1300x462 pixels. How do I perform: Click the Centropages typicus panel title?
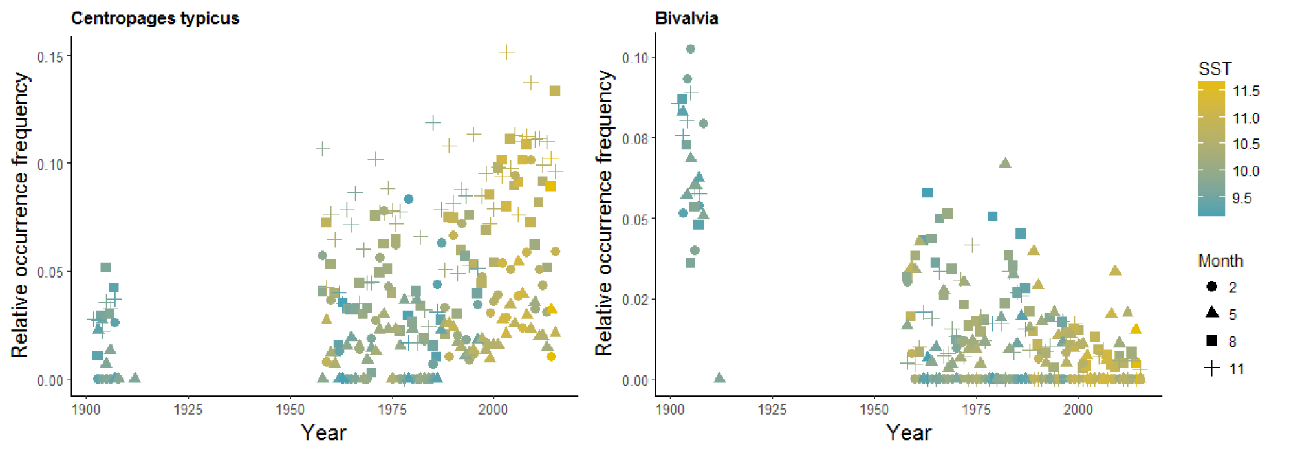155,18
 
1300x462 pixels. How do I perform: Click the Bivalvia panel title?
686,18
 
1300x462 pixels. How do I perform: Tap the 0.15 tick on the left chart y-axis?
50,57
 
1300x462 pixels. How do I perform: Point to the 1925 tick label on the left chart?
188,410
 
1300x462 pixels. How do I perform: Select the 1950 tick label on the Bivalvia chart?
874,410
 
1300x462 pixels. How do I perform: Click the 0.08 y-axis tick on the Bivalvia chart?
634,138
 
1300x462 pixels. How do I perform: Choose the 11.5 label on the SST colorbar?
1246,91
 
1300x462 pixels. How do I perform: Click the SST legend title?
1215,69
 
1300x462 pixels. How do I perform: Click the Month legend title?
1220,261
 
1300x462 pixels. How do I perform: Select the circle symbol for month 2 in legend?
1212,287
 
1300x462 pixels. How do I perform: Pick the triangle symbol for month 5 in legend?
1212,313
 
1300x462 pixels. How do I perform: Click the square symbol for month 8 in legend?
1212,341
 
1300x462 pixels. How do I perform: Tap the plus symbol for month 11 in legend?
1212,368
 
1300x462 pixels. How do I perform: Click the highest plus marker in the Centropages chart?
506,52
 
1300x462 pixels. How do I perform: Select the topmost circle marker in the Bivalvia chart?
690,49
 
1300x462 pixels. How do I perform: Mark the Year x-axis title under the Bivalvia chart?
908,432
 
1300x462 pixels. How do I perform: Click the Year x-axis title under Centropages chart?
323,432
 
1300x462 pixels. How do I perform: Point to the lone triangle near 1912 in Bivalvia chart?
719,378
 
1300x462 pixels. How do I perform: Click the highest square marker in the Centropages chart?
555,91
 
